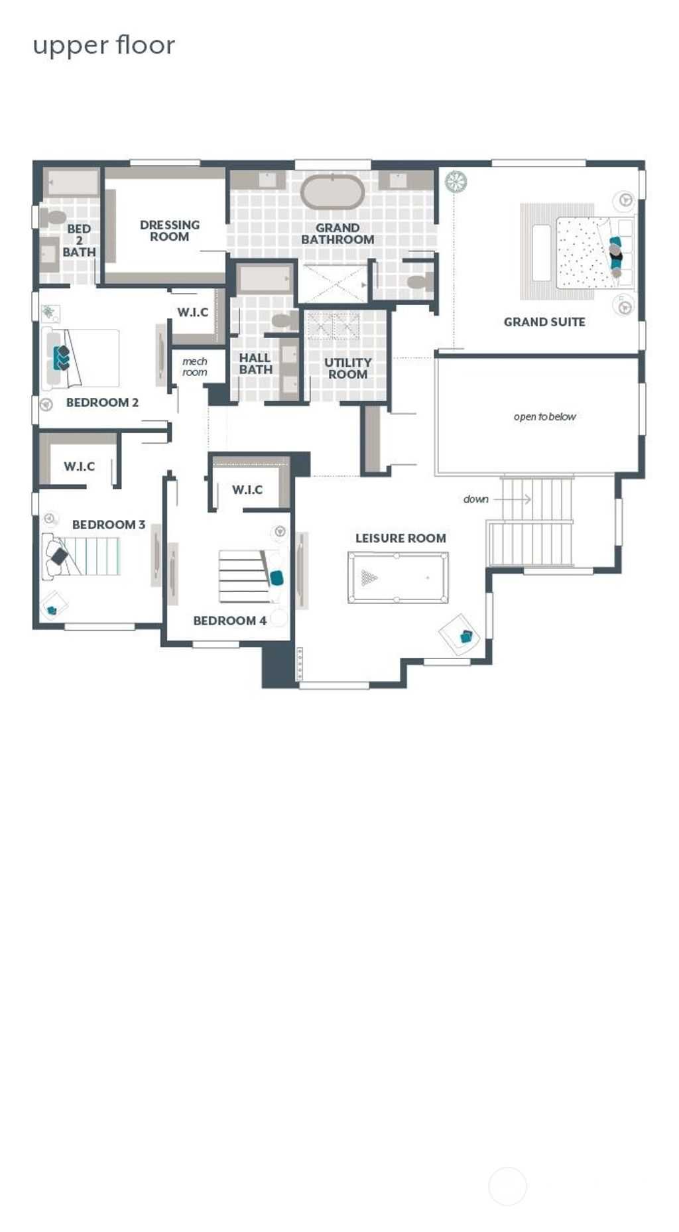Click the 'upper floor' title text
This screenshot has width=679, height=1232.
point(104,45)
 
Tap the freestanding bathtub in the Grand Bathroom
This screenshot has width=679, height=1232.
point(332,192)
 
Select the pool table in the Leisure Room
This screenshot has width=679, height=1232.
point(397,578)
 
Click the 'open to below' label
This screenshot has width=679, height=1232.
point(544,416)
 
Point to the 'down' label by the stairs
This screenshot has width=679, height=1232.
point(476,499)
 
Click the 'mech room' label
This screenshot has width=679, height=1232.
point(195,367)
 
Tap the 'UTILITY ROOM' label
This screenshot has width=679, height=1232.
point(347,368)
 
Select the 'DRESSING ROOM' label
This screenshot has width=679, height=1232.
point(169,231)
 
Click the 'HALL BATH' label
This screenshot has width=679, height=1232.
point(255,363)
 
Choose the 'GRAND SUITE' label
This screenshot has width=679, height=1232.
point(544,322)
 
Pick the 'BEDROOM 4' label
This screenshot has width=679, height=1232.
point(229,621)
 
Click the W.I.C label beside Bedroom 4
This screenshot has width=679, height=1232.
point(247,490)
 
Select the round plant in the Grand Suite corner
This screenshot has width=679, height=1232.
point(456,181)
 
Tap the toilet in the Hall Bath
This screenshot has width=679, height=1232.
point(284,322)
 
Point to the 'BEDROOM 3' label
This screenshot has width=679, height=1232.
point(108,524)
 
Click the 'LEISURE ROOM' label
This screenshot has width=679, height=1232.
point(401,538)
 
